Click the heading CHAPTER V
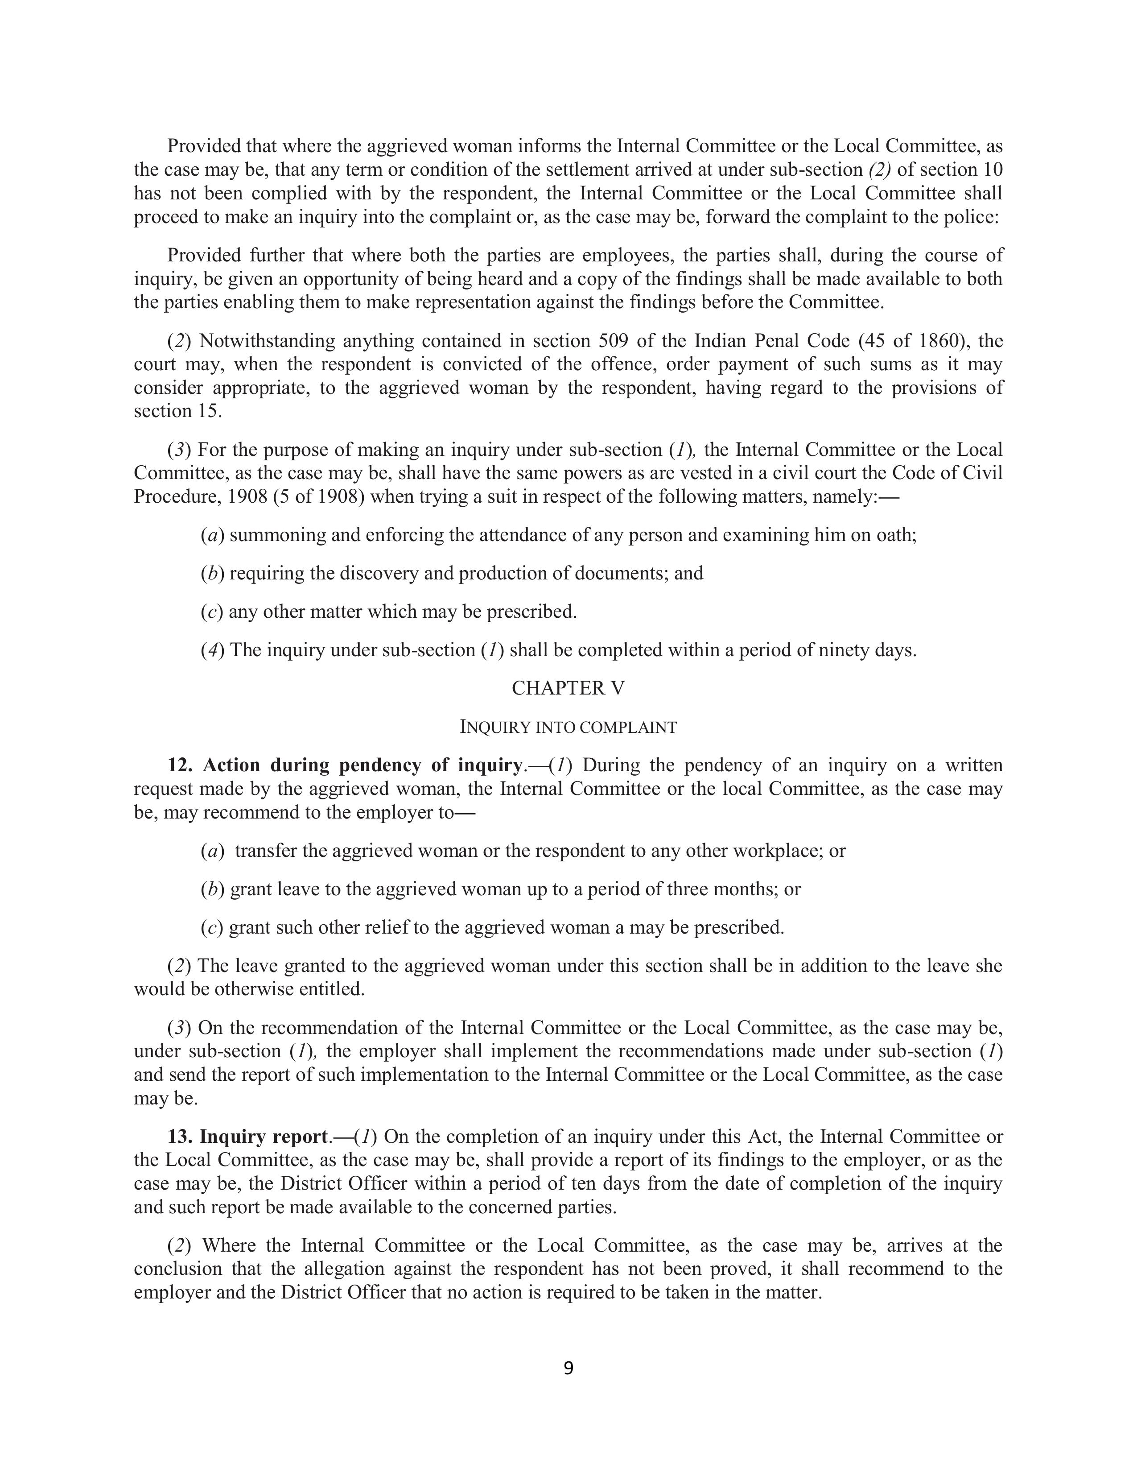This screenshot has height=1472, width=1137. point(568,688)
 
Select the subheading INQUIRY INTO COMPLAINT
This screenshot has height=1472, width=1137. point(568,727)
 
